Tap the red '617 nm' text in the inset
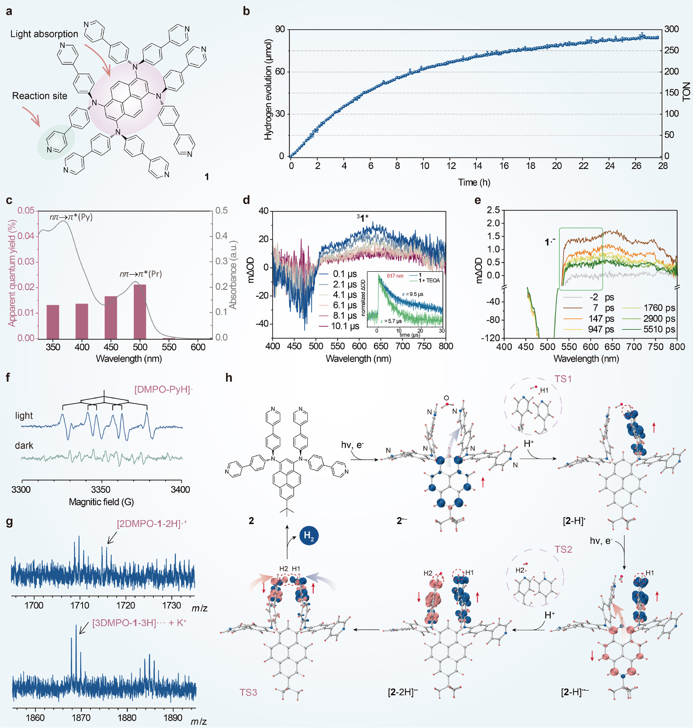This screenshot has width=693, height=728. pos(395,276)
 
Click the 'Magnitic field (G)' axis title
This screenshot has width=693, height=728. pos(101,502)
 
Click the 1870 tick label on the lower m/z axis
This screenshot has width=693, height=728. pos(81,718)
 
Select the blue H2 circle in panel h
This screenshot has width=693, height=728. pos(308,536)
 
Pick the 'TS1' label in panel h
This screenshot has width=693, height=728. pos(563,379)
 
